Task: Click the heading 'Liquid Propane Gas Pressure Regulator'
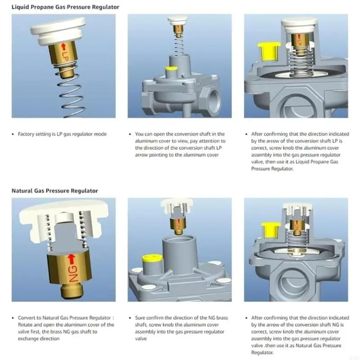65,7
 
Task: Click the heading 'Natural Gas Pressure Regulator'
54,191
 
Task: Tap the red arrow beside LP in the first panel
63,48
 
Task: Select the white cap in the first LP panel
58,30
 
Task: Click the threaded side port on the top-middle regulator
213,95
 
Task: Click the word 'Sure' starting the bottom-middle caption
140,318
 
